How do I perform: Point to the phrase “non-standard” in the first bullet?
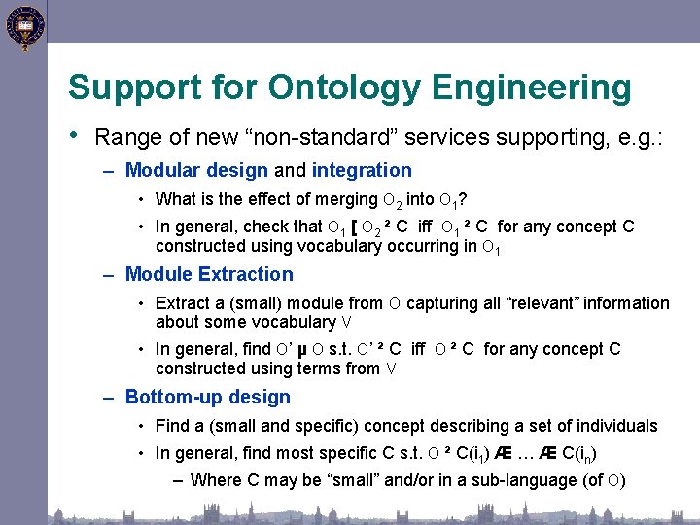[331, 137]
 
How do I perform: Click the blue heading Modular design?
[196, 171]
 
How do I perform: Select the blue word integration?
[362, 171]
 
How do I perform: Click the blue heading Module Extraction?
[209, 275]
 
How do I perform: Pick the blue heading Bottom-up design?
[208, 397]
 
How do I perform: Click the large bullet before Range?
[74, 135]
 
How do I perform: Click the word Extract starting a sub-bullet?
[180, 303]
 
